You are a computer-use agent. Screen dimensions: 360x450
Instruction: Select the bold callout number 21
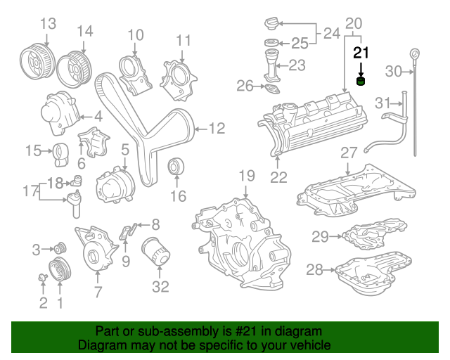361,52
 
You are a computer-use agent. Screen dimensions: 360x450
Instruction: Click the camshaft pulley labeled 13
37,57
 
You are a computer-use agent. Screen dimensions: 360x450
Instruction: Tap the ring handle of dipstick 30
415,54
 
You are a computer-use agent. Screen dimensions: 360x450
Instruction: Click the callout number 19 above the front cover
245,176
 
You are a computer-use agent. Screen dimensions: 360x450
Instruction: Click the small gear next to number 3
59,248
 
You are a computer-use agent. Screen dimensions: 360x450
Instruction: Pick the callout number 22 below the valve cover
279,177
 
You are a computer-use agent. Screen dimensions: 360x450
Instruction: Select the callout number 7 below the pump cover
98,292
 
